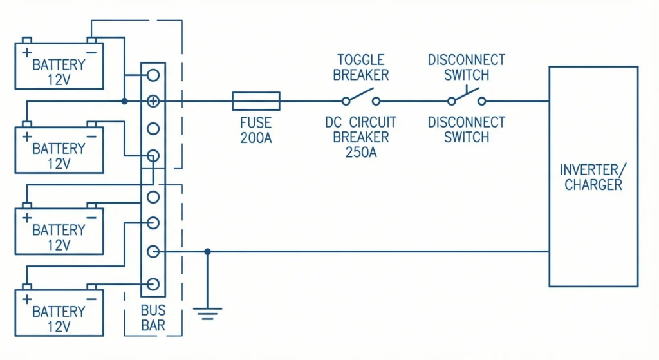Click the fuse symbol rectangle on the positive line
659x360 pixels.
pyautogui.click(x=255, y=100)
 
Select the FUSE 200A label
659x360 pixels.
pyautogui.click(x=255, y=129)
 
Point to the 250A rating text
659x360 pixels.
pyautogui.click(x=360, y=152)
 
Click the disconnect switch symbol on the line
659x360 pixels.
pyautogui.click(x=467, y=99)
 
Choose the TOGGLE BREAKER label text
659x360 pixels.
pyautogui.click(x=360, y=67)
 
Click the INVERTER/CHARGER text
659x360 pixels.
pyautogui.click(x=593, y=178)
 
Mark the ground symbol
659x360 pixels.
pyautogui.click(x=207, y=314)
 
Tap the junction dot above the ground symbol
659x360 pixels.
pyautogui.click(x=207, y=252)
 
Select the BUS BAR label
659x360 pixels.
pyautogui.click(x=153, y=317)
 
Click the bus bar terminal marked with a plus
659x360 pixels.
pyautogui.click(x=153, y=101)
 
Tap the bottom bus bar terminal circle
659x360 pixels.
pyautogui.click(x=153, y=284)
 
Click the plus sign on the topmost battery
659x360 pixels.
pyautogui.click(x=27, y=52)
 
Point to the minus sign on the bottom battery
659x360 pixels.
pyautogui.click(x=91, y=299)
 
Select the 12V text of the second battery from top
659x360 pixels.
pyautogui.click(x=59, y=163)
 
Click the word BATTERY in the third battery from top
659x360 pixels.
pyautogui.click(x=59, y=230)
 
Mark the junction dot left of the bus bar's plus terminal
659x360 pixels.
pyautogui.click(x=124, y=101)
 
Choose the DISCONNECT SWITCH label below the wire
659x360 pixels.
pyautogui.click(x=467, y=129)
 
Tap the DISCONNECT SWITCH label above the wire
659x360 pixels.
pyautogui.click(x=467, y=67)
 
